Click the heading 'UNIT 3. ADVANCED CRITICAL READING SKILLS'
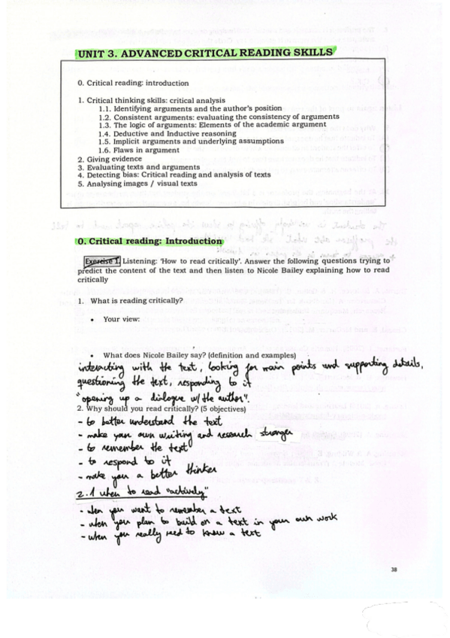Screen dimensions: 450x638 [x=204, y=53]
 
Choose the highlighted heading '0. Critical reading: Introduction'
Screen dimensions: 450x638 [x=150, y=241]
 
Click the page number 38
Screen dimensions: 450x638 [x=393, y=569]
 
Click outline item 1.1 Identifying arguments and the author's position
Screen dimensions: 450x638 [x=190, y=109]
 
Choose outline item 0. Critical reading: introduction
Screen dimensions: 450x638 [x=133, y=83]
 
